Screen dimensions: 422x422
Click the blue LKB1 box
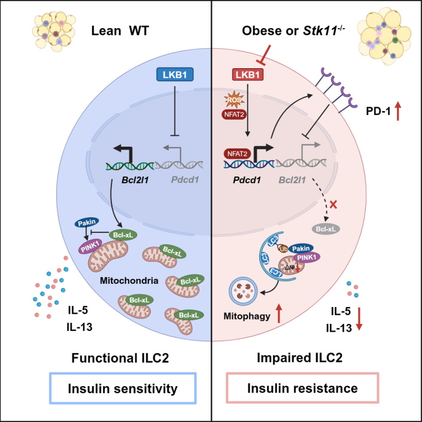[x=175, y=75]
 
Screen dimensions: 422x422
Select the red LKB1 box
[x=248, y=75]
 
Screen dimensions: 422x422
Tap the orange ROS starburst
[x=234, y=99]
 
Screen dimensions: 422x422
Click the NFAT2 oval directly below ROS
[x=234, y=114]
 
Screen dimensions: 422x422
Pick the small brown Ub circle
[x=283, y=248]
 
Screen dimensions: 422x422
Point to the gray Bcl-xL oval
[x=326, y=229]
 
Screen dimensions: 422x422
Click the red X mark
[x=333, y=205]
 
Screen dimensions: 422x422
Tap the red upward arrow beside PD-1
[x=398, y=112]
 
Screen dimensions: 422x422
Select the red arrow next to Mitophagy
[x=279, y=314]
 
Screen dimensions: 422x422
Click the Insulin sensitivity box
[x=123, y=388]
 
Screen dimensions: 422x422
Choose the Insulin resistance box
[x=302, y=388]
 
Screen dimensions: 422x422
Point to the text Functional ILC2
[x=120, y=358]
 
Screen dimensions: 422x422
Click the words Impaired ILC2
[x=299, y=358]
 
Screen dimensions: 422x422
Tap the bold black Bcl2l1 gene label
[x=135, y=180]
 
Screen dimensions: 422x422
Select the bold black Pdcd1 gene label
[x=247, y=180]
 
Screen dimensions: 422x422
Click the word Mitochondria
[x=129, y=281]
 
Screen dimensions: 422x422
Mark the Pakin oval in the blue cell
[x=87, y=223]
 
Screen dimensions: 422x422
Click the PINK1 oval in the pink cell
[x=306, y=257]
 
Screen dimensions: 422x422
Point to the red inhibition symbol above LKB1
[x=265, y=55]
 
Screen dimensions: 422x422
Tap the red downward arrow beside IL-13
[x=359, y=319]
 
